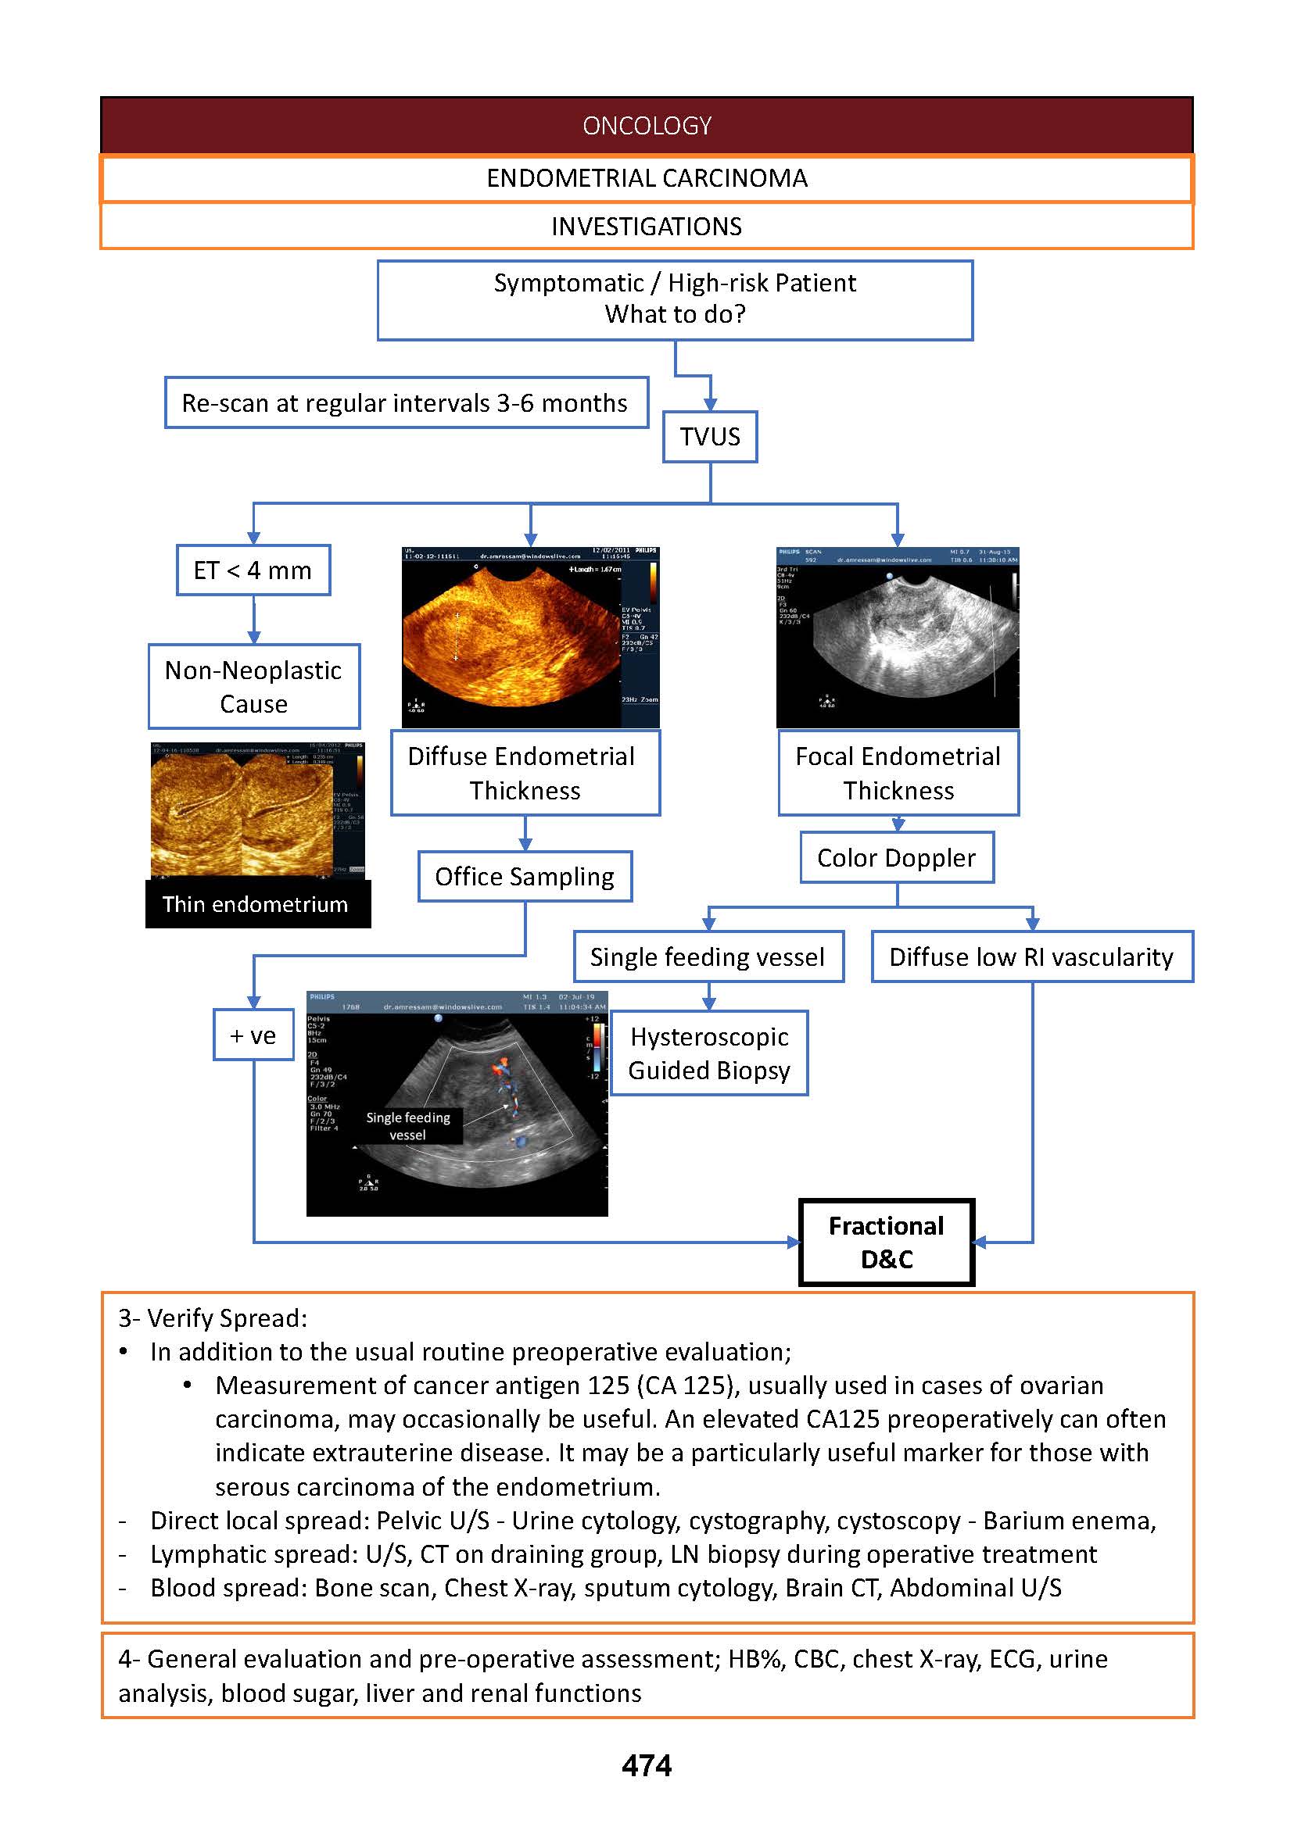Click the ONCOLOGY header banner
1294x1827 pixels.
[646, 125]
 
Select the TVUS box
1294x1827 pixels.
[709, 437]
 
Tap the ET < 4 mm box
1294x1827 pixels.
[253, 570]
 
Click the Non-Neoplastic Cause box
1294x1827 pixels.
[253, 687]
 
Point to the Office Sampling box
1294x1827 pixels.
[525, 876]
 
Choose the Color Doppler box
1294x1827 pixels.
[896, 858]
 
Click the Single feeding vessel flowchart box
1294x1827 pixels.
[708, 956]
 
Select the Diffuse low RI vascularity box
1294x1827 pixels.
[1032, 956]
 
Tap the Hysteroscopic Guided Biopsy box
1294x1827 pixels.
[709, 1053]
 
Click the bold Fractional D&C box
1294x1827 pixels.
[886, 1242]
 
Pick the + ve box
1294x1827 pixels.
[253, 1035]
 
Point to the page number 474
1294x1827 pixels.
[646, 1766]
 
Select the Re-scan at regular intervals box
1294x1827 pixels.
[406, 403]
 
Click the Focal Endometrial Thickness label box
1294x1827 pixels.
[898, 773]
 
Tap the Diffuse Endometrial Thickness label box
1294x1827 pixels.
[525, 773]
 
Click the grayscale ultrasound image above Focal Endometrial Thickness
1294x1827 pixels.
[897, 637]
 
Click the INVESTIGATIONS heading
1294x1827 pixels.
[646, 226]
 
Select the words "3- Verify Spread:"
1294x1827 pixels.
[213, 1318]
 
